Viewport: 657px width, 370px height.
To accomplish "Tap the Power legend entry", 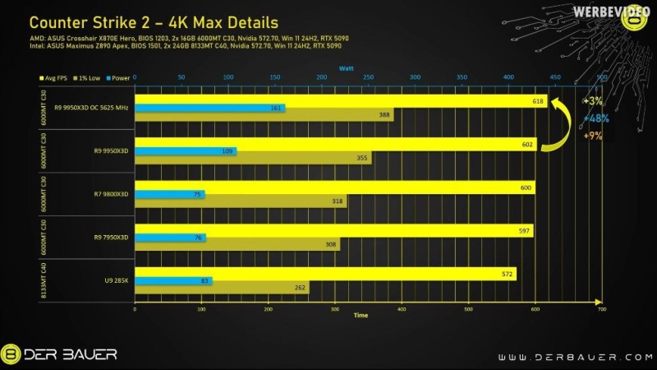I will (119, 77).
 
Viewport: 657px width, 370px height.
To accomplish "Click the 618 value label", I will (539, 100).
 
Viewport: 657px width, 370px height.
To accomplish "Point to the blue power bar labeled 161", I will (209, 108).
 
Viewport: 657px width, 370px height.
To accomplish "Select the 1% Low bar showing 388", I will (263, 116).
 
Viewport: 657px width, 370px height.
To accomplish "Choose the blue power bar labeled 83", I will (172, 281).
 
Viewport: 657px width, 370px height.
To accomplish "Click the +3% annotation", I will (592, 100).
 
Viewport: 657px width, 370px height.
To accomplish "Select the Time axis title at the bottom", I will (361, 315).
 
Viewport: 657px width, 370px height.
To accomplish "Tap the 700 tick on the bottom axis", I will (601, 308).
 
